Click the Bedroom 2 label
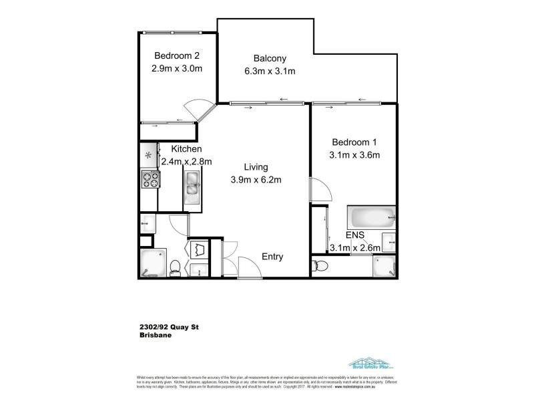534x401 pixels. point(177,55)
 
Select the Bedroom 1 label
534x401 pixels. point(354,142)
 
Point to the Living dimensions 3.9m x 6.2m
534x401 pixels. point(256,179)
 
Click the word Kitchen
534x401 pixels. point(187,148)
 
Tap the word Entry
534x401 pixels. point(272,256)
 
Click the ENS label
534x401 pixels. point(354,235)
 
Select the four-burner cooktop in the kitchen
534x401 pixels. point(150,179)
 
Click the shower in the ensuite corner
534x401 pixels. point(384,265)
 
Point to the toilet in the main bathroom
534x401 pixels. point(174,267)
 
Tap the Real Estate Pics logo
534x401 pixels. point(370,364)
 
